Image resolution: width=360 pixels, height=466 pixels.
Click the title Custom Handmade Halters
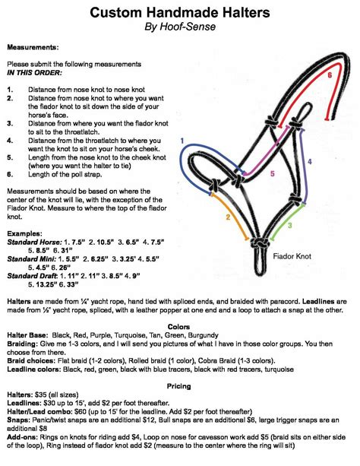coord(180,13)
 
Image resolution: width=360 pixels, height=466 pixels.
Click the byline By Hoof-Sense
coord(180,28)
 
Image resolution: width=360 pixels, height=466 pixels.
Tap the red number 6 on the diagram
coord(330,76)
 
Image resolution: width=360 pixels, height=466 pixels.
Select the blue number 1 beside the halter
coord(182,141)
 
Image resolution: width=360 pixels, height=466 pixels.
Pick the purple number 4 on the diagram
coord(310,162)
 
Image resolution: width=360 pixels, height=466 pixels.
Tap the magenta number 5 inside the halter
coord(251,173)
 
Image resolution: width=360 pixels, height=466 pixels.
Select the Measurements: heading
coord(33,47)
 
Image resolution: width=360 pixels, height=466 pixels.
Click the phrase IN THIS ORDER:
coord(37,75)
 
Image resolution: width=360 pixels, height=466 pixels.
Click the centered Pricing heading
coord(179,388)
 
